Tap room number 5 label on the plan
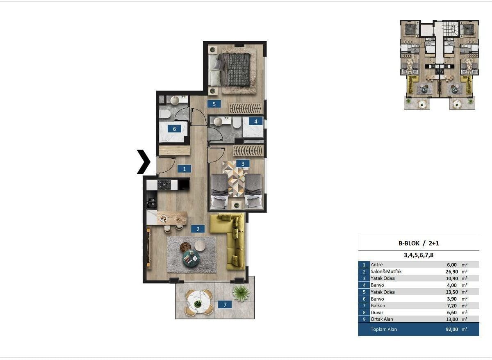[x=214, y=104]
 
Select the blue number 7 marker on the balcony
[x=225, y=305]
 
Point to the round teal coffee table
[x=191, y=258]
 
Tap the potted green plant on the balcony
[x=241, y=293]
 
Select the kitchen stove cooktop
[x=164, y=185]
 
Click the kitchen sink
[x=152, y=203]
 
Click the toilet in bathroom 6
[x=165, y=114]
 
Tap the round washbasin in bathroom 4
[x=218, y=122]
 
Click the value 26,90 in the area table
[x=452, y=271]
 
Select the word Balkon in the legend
[x=378, y=305]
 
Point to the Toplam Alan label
[x=384, y=329]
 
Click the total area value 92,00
[x=452, y=329]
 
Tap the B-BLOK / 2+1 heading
[x=419, y=243]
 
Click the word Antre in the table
[x=377, y=265]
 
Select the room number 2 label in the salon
[x=198, y=229]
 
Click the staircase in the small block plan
[x=451, y=29]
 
